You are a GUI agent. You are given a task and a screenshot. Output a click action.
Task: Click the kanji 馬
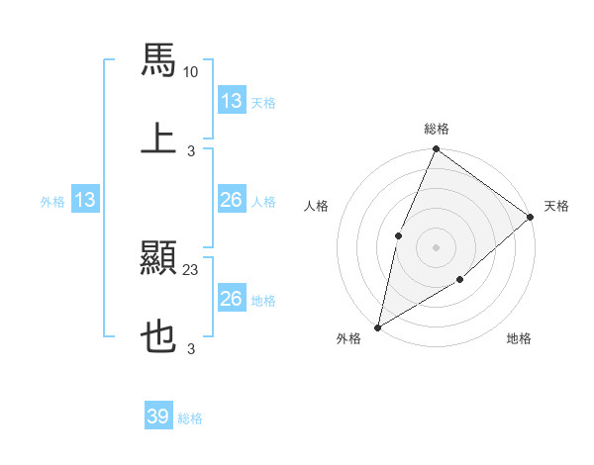[158, 60]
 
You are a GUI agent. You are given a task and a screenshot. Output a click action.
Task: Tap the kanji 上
[158, 138]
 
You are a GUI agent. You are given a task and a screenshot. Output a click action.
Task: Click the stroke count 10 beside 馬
[191, 72]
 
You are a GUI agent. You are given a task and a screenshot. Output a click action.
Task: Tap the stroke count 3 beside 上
[191, 150]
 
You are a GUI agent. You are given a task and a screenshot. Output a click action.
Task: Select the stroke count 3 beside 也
[191, 349]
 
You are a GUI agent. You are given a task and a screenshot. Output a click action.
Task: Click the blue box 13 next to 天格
[231, 101]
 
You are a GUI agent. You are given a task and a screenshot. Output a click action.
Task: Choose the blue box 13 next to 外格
[85, 201]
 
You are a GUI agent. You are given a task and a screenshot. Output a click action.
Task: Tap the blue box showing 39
[157, 417]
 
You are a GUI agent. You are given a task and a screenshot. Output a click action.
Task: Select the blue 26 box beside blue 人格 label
[231, 201]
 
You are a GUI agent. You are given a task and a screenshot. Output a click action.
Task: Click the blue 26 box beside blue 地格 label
[231, 299]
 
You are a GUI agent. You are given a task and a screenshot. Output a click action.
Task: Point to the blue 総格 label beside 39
[190, 418]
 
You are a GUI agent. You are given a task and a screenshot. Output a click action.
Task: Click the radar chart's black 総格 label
[436, 129]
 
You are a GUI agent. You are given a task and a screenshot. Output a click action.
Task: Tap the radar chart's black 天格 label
[556, 206]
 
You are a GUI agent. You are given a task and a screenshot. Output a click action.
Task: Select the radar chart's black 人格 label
[317, 206]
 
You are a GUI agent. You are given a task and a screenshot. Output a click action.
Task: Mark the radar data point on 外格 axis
[377, 326]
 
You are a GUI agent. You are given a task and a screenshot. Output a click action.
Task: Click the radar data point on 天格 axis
[531, 217]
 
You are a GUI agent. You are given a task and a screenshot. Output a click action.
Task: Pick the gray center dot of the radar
[436, 246]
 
